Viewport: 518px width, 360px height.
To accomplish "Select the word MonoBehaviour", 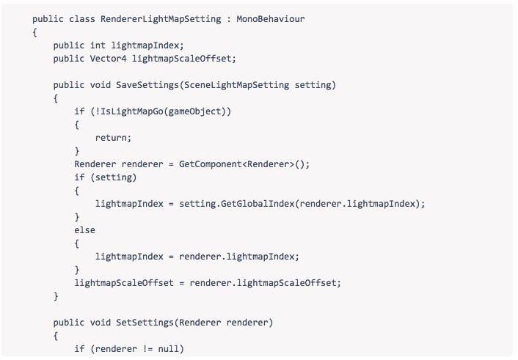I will (x=270, y=18).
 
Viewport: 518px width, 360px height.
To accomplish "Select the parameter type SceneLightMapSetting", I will (x=236, y=85).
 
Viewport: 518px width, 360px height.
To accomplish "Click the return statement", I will (x=113, y=138).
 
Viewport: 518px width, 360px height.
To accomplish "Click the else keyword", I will (x=84, y=230).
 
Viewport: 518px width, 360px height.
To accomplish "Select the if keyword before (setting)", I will (x=79, y=177).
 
